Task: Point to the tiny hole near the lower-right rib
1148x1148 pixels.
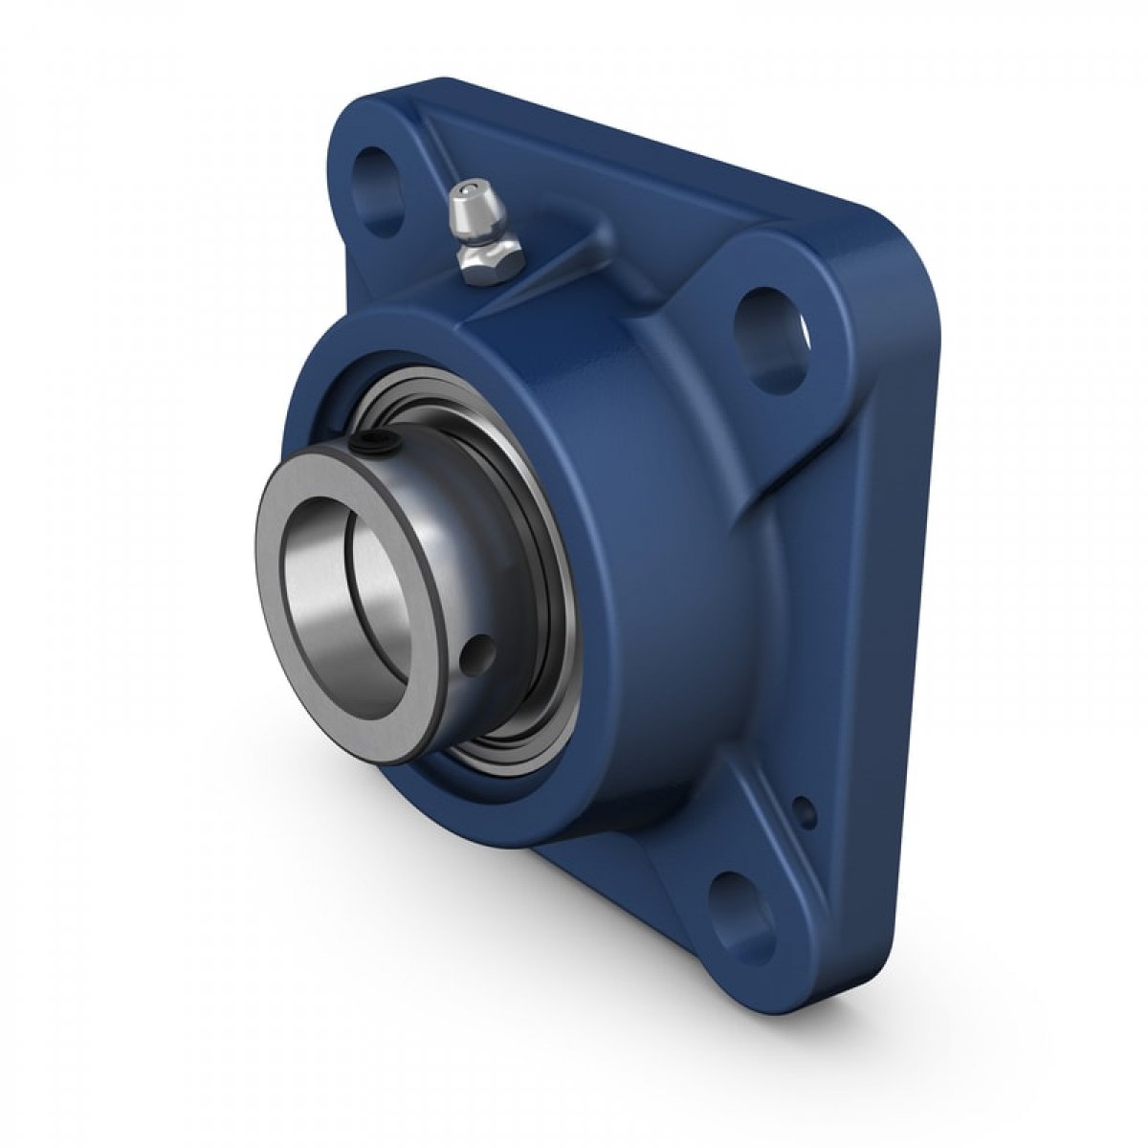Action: click(806, 811)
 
